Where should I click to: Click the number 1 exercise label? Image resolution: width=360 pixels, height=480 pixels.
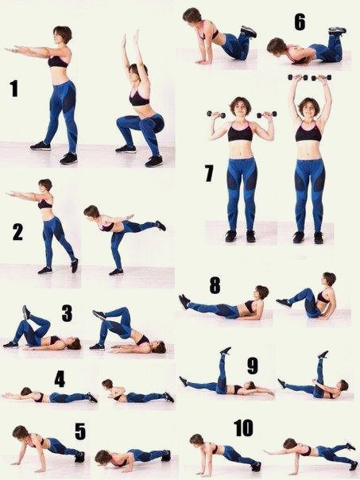[x=14, y=88]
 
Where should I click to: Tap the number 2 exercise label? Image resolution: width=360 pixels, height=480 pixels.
[x=17, y=232]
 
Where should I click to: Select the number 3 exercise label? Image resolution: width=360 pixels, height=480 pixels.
[x=67, y=313]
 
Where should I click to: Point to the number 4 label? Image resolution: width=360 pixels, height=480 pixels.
[x=60, y=378]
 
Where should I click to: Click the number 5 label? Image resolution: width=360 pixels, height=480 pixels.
[x=80, y=432]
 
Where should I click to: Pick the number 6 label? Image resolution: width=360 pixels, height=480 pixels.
[x=300, y=22]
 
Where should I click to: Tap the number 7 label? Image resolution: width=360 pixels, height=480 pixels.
[x=209, y=173]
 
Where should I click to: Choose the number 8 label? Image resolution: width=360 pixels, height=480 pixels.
[x=215, y=285]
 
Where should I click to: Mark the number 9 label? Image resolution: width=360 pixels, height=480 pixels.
[x=253, y=366]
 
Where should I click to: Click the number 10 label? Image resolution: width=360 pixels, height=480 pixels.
[x=244, y=428]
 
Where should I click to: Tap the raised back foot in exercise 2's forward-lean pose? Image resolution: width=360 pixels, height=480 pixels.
[x=161, y=226]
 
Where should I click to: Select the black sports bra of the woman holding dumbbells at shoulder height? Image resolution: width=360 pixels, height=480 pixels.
[x=240, y=132]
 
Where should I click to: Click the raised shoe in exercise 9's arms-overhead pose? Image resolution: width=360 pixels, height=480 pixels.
[x=226, y=350]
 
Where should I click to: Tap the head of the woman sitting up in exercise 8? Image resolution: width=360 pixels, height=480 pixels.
[x=329, y=278]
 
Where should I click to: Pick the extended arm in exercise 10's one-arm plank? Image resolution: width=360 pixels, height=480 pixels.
[x=280, y=451]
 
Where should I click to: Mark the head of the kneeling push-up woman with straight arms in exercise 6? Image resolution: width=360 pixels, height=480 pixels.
[x=192, y=16]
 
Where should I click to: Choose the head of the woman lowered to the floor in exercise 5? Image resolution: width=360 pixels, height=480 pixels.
[x=103, y=457]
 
